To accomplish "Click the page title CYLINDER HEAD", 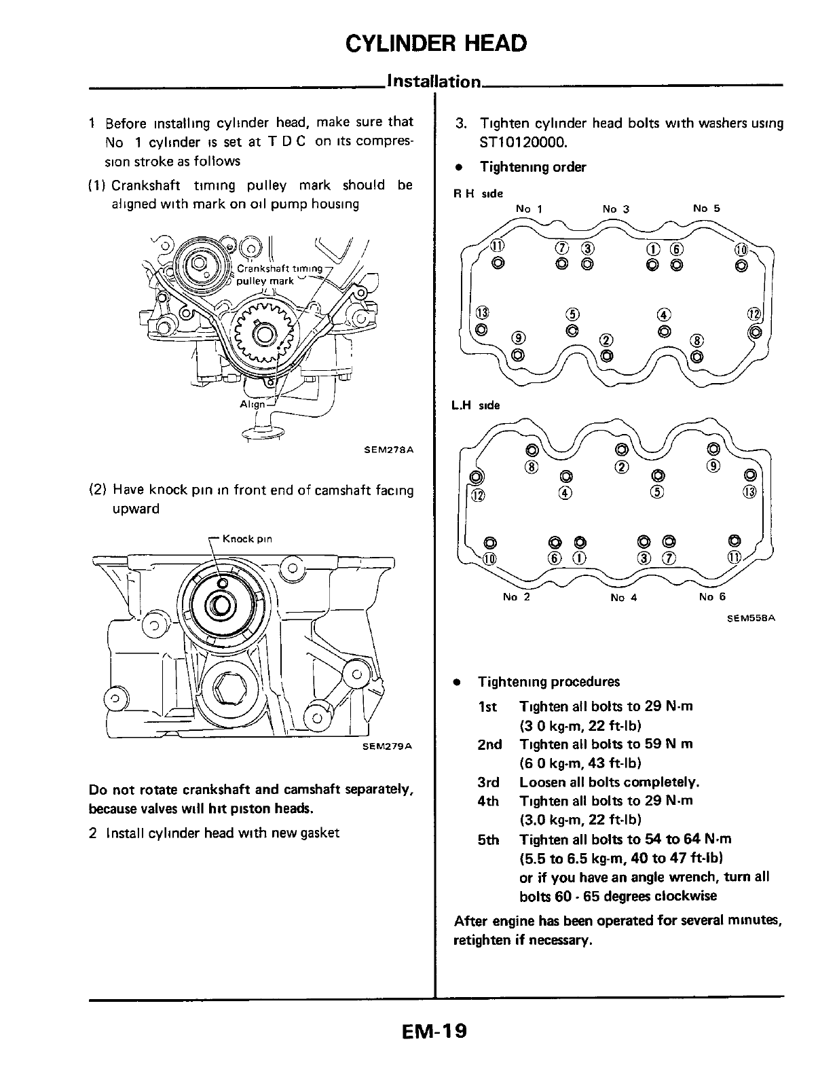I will point(435,43).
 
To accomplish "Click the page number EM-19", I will point(434,1032).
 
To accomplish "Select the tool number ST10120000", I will point(522,143).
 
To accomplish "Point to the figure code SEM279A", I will point(388,746).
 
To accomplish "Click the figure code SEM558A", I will point(751,618).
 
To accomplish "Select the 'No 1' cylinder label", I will point(529,209).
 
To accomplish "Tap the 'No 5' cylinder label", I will point(706,209).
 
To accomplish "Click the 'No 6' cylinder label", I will point(712,597).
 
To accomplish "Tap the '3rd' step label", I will point(488,782).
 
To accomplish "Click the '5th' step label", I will point(488,840).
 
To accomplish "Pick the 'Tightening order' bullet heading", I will point(532,167).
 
